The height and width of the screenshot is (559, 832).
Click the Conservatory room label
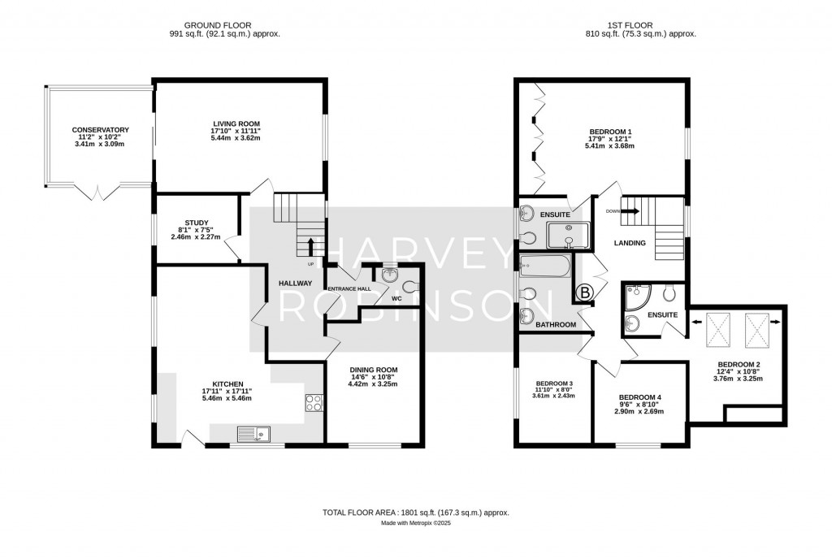[x=100, y=130]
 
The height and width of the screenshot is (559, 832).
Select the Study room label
[x=197, y=223]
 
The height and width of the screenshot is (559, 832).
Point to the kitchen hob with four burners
[x=314, y=404]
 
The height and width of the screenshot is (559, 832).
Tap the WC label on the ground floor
[x=396, y=298]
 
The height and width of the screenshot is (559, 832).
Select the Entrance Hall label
[x=349, y=288]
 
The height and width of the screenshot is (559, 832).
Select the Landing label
[x=630, y=243]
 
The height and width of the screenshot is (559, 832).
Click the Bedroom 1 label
[x=610, y=131]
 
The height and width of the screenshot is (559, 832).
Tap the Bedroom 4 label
[x=640, y=397]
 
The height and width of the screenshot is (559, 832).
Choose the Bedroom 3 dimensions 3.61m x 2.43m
[x=553, y=396]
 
